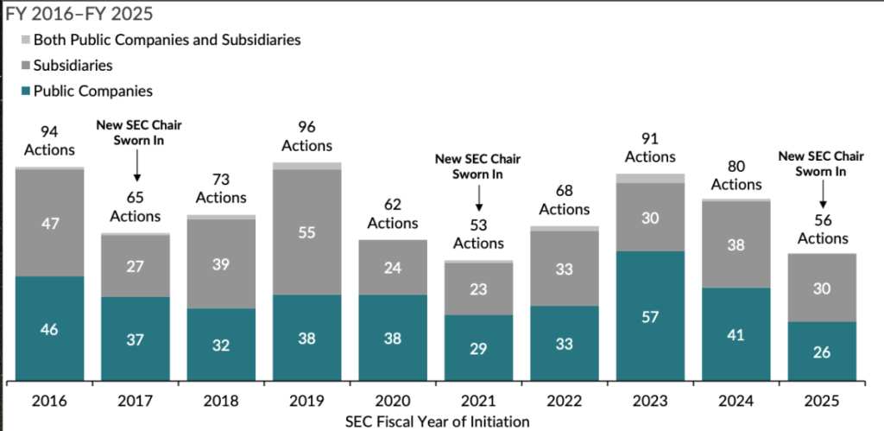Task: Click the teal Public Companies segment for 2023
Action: click(650, 315)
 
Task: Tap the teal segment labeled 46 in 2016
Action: click(50, 328)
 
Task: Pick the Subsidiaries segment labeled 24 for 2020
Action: click(393, 267)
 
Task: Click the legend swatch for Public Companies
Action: click(24, 91)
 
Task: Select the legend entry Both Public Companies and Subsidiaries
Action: click(167, 40)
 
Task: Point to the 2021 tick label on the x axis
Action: click(478, 402)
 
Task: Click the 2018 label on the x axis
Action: click(222, 402)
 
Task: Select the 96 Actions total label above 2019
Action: click(307, 137)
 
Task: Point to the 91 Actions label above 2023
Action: click(650, 148)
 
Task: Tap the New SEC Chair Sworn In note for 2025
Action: click(821, 164)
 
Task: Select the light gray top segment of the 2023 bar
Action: click(650, 178)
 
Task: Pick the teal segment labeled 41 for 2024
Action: click(736, 333)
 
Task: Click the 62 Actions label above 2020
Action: click(393, 213)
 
